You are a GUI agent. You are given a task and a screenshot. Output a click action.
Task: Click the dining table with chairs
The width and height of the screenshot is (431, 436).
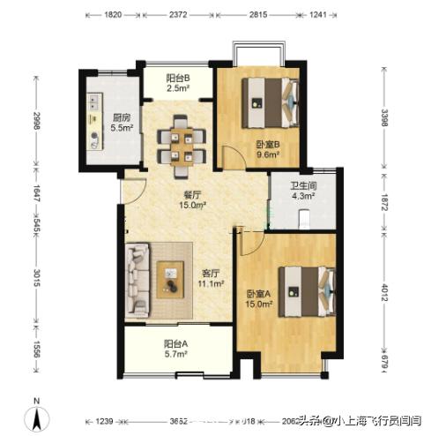click(182, 146)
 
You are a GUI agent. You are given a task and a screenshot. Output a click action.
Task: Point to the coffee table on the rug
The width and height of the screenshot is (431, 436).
click(175, 281)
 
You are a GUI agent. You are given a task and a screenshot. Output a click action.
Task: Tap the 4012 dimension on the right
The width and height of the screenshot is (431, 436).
click(385, 290)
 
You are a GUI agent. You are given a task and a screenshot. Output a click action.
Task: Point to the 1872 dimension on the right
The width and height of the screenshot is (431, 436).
click(385, 199)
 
